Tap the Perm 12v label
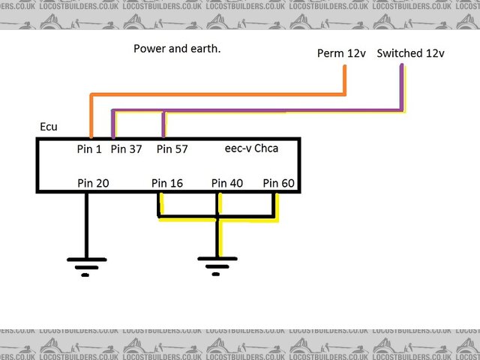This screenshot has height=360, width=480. click(x=341, y=53)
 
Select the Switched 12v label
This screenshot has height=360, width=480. click(x=410, y=53)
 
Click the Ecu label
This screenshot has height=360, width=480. click(x=49, y=127)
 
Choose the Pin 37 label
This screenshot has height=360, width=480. click(x=126, y=148)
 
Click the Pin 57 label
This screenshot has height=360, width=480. click(x=172, y=148)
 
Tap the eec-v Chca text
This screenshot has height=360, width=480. click(x=251, y=148)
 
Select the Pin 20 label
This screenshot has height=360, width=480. click(x=93, y=183)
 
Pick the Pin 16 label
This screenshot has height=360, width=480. click(x=167, y=183)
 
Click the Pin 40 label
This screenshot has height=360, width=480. click(x=227, y=183)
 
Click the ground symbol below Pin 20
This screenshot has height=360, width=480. click(x=86, y=265)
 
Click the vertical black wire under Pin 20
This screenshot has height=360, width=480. click(x=86, y=225)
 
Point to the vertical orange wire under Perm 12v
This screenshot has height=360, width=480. click(x=345, y=80)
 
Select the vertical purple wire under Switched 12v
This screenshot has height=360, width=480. click(x=402, y=88)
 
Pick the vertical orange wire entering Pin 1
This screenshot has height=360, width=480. click(x=91, y=116)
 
